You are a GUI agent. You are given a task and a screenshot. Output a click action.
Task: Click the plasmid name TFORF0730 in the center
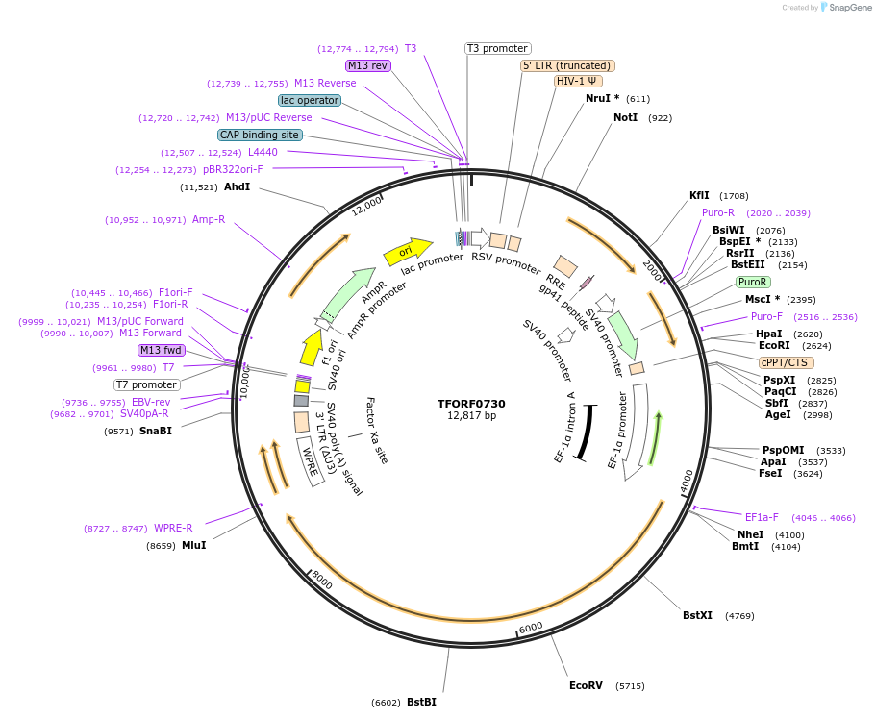(x=471, y=404)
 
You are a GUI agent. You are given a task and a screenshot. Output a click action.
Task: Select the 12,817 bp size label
(x=471, y=416)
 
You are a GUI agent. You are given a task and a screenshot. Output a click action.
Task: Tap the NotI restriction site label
(x=625, y=117)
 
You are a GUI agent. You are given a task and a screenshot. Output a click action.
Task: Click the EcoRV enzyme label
(x=586, y=685)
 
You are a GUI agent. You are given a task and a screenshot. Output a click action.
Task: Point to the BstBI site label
(x=421, y=702)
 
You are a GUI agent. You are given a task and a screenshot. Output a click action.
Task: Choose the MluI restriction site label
(x=193, y=545)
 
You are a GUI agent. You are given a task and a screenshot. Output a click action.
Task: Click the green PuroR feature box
(x=752, y=282)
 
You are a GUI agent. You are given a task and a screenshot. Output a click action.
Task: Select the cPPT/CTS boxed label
(x=786, y=362)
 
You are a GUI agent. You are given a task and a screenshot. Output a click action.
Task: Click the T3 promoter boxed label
(x=497, y=48)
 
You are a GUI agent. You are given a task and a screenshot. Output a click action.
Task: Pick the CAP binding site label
(x=260, y=136)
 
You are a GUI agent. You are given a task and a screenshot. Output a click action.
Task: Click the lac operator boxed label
(x=310, y=100)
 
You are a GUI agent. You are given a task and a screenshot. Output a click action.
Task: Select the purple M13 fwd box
(x=161, y=350)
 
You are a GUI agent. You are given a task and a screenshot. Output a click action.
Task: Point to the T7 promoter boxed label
(x=147, y=384)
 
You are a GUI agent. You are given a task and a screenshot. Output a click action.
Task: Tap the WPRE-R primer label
(x=173, y=528)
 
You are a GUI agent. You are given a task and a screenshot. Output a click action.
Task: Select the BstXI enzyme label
(x=697, y=615)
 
